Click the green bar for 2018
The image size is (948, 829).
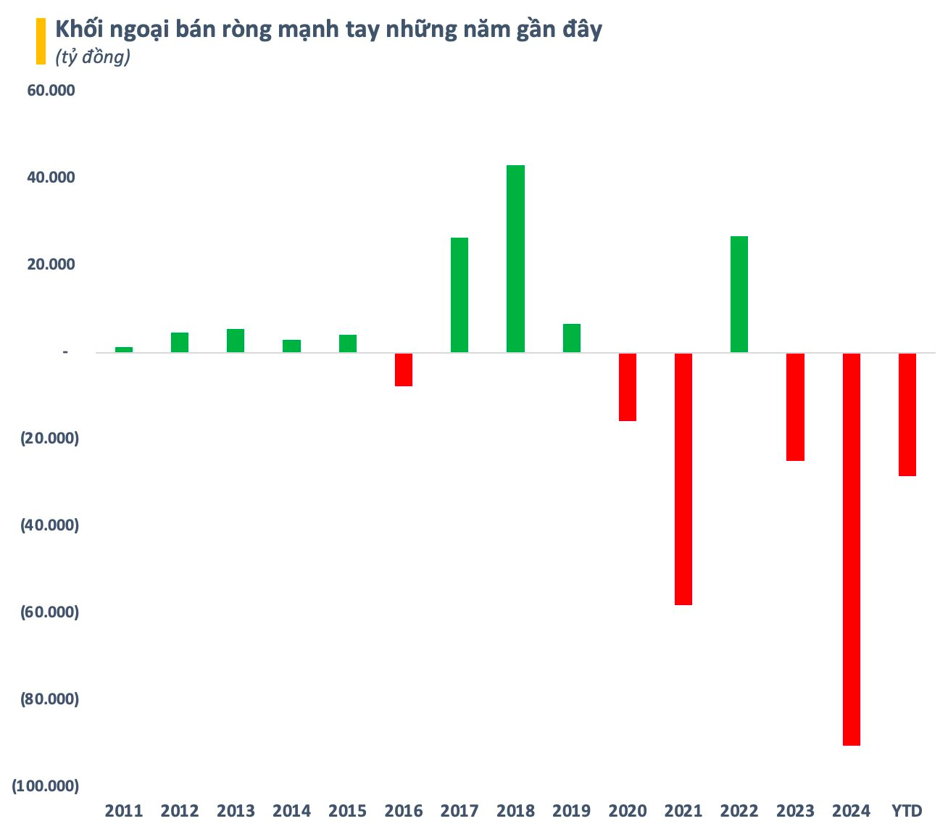(x=515, y=259)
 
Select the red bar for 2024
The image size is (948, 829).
(x=851, y=549)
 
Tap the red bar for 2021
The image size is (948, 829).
(x=683, y=479)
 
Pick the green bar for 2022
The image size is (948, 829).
(x=739, y=294)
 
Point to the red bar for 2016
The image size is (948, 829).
(x=404, y=370)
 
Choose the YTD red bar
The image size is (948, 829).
(x=907, y=414)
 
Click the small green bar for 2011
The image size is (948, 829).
(x=124, y=349)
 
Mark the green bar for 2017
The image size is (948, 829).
(x=460, y=295)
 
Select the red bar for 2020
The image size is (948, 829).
(x=628, y=387)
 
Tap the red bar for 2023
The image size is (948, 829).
(x=795, y=407)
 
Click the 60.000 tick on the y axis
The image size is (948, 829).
(x=51, y=91)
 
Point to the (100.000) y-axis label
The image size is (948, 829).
(x=45, y=786)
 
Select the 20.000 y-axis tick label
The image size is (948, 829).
(x=51, y=264)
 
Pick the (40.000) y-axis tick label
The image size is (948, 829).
(x=48, y=525)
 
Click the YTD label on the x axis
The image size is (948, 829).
(x=907, y=810)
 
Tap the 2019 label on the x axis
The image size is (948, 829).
(x=571, y=810)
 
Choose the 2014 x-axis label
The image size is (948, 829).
(x=291, y=810)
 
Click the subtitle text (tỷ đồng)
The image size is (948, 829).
(x=93, y=58)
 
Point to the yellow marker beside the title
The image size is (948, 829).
(x=41, y=41)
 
